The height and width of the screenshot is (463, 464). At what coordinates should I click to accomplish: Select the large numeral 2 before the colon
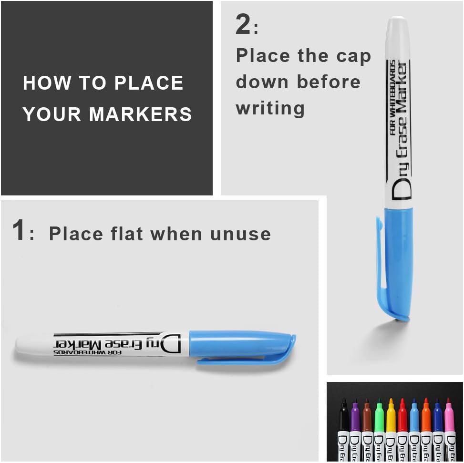pyautogui.click(x=243, y=25)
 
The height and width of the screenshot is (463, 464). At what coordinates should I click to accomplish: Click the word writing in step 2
pyautogui.click(x=270, y=108)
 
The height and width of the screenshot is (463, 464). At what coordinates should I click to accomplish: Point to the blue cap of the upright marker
pyautogui.click(x=399, y=262)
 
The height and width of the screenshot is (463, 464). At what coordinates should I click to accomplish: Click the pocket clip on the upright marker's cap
pyautogui.click(x=381, y=267)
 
